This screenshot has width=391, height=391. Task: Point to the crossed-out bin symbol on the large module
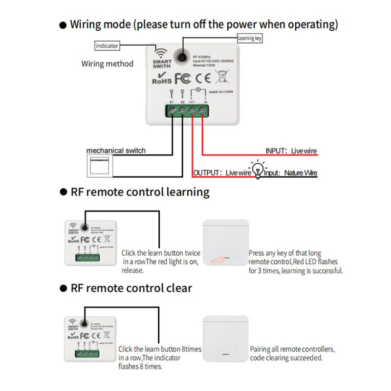(222, 77)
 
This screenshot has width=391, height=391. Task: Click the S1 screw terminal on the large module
(172, 111)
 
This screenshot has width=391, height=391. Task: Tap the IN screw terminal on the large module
(202, 111)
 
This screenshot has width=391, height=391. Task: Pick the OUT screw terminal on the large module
(192, 111)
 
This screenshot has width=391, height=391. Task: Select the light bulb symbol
(258, 171)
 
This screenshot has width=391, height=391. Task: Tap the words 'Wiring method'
(107, 64)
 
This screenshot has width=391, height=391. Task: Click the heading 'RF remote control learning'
(140, 192)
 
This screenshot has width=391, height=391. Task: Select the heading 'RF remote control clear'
(131, 288)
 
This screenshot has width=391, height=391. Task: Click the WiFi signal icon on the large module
(159, 52)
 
